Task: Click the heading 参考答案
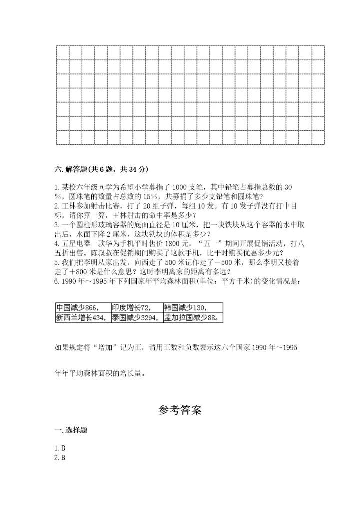point(180,410)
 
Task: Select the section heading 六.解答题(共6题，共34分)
point(102,169)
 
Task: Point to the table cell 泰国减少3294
point(135,317)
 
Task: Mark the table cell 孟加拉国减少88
point(193,317)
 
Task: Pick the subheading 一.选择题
point(71,430)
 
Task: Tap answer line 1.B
point(60,448)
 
